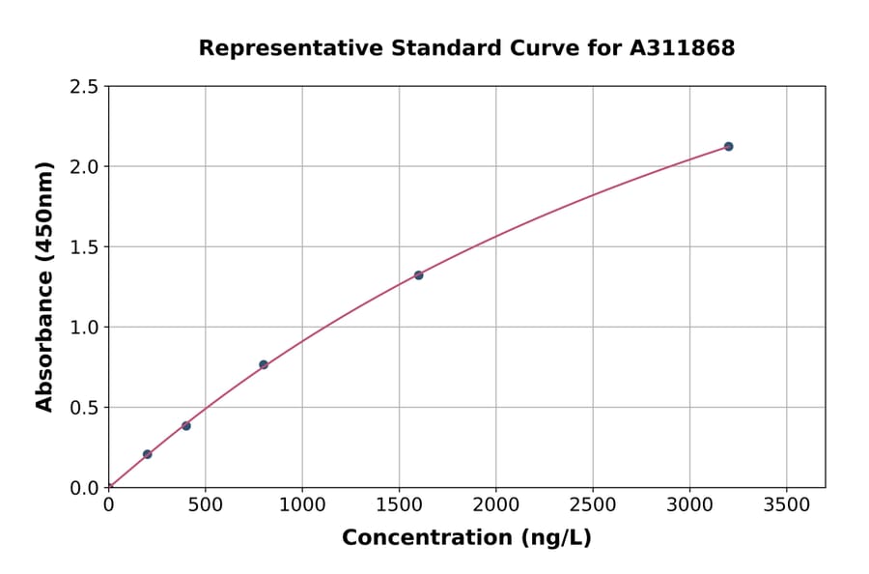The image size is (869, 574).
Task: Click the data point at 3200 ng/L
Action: coord(728,146)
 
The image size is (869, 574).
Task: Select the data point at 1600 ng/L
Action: coord(418,275)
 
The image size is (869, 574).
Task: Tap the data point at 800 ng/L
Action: coord(264,364)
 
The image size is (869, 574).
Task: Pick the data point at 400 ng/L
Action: coord(186,425)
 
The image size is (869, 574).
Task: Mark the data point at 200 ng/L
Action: coord(147,454)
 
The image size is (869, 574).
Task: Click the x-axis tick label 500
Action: coord(205,504)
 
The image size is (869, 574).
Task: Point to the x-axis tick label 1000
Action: coord(302,504)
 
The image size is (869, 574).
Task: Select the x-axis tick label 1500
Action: coord(399,504)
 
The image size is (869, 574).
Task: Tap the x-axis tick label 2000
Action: coord(496,504)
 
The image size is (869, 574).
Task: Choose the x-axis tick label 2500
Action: coord(593,504)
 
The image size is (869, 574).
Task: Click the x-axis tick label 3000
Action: coord(689,504)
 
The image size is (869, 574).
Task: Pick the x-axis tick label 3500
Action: coord(786,504)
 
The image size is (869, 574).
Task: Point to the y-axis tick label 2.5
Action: coord(84,87)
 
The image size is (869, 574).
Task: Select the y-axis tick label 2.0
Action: coord(84,167)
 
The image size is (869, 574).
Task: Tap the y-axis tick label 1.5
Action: coord(84,247)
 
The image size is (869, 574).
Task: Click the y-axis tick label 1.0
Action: coord(84,328)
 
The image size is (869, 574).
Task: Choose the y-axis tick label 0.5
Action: coord(84,408)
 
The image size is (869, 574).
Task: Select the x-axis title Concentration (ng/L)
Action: coord(466,538)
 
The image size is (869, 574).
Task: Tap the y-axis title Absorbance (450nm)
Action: coord(44,287)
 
